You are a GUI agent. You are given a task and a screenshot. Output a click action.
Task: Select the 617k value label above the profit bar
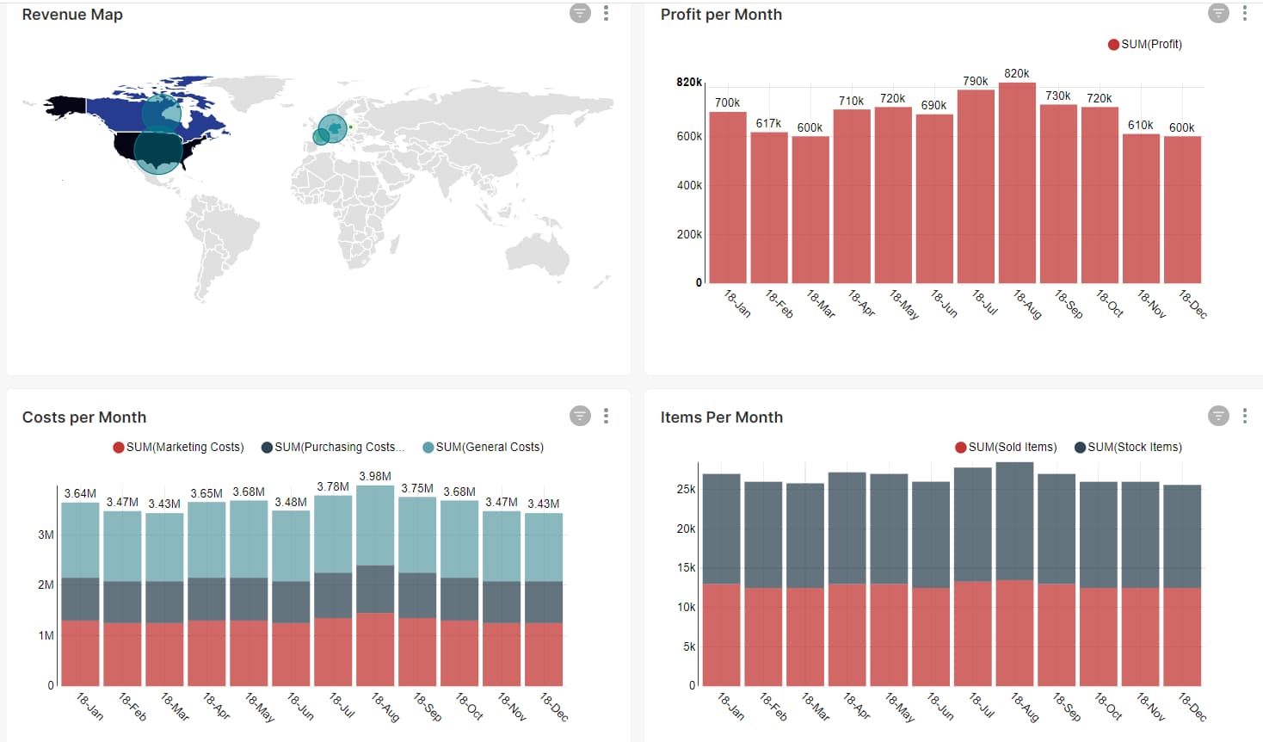[768, 123]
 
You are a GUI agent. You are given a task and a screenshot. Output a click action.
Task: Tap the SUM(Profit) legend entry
[1145, 44]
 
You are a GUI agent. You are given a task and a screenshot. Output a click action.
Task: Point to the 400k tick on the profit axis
[689, 185]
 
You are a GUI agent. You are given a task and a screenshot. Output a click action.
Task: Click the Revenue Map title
[72, 15]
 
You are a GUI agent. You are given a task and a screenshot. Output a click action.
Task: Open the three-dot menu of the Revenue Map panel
[606, 13]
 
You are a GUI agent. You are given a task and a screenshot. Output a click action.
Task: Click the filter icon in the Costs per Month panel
[580, 416]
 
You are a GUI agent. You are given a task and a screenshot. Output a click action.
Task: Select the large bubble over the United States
[158, 152]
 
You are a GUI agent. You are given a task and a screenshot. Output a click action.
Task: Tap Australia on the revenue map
[538, 254]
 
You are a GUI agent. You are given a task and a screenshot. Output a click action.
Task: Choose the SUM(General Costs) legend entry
[484, 447]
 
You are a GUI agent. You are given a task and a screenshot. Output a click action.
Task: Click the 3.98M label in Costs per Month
[375, 476]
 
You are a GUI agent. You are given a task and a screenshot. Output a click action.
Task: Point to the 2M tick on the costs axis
[46, 584]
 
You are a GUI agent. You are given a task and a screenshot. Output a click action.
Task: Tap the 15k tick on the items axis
[686, 567]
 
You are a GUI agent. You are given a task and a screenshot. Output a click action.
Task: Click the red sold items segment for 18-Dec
[1182, 637]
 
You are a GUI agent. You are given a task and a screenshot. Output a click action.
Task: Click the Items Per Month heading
[721, 417]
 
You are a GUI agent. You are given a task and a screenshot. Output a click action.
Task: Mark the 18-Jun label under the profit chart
[944, 303]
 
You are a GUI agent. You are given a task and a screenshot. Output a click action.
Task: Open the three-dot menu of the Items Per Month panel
[1244, 416]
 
